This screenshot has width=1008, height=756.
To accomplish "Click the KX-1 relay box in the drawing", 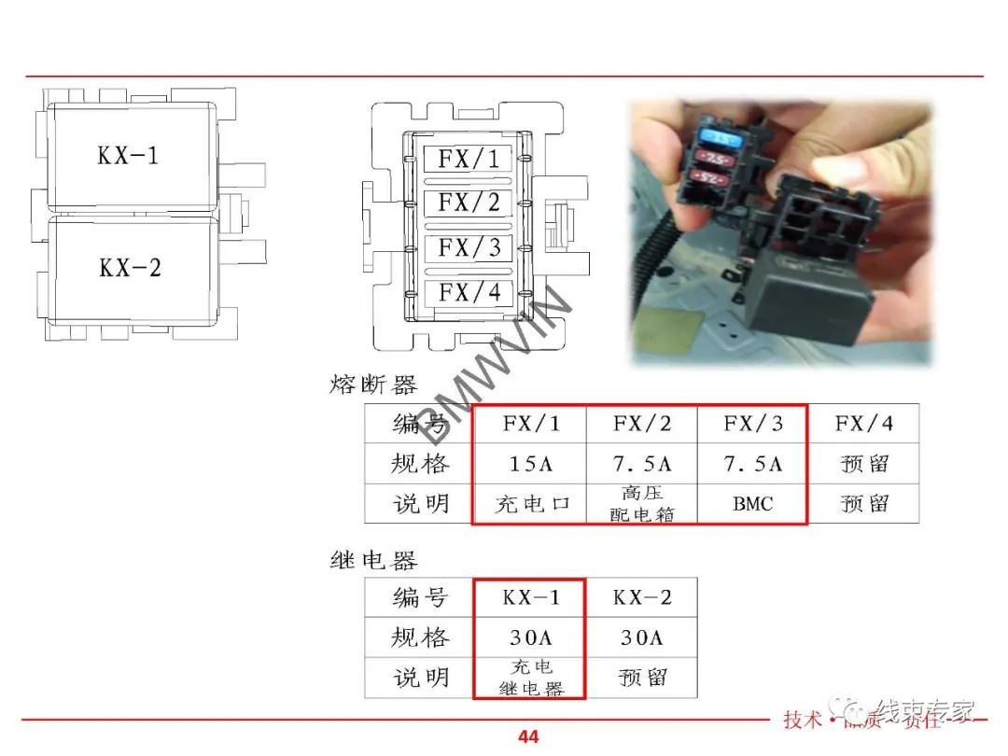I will tap(131, 156).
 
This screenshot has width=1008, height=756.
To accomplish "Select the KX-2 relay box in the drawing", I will tap(131, 269).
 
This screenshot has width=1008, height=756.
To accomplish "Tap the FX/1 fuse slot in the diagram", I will tap(469, 159).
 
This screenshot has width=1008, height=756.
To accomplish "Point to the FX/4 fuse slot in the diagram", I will tap(469, 293).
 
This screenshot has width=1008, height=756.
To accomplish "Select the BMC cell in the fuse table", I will tap(752, 504).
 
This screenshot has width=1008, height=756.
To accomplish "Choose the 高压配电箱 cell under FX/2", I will tap(641, 504).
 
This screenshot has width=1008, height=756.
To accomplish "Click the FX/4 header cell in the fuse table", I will tap(863, 424).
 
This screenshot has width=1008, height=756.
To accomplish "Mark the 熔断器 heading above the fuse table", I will tap(373, 385).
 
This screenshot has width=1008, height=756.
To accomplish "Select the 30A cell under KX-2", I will tap(641, 638).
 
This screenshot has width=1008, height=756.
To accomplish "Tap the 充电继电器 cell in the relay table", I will tap(530, 679).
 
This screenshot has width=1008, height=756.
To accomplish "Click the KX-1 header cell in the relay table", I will tap(530, 598).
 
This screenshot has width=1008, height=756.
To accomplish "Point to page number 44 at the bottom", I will tap(528, 737).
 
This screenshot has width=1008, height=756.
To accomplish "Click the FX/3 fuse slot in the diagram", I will tap(469, 248).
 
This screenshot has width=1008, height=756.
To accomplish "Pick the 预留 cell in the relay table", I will tap(641, 679).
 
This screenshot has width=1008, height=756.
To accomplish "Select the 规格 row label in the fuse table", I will tap(419, 464).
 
